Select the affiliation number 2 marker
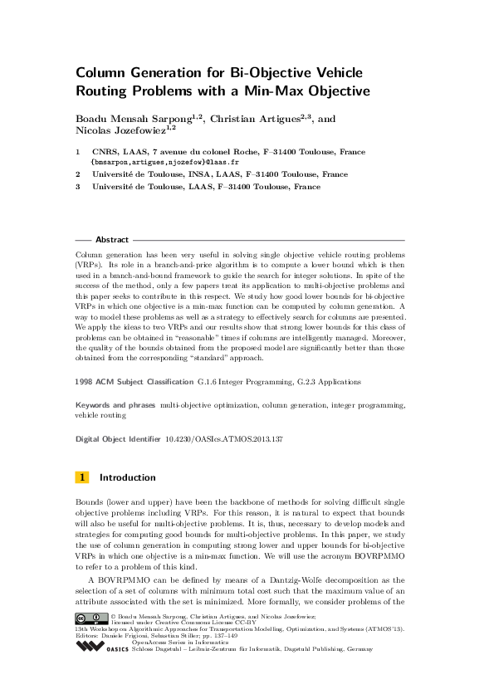77,175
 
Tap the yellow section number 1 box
82,478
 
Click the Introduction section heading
127,478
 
